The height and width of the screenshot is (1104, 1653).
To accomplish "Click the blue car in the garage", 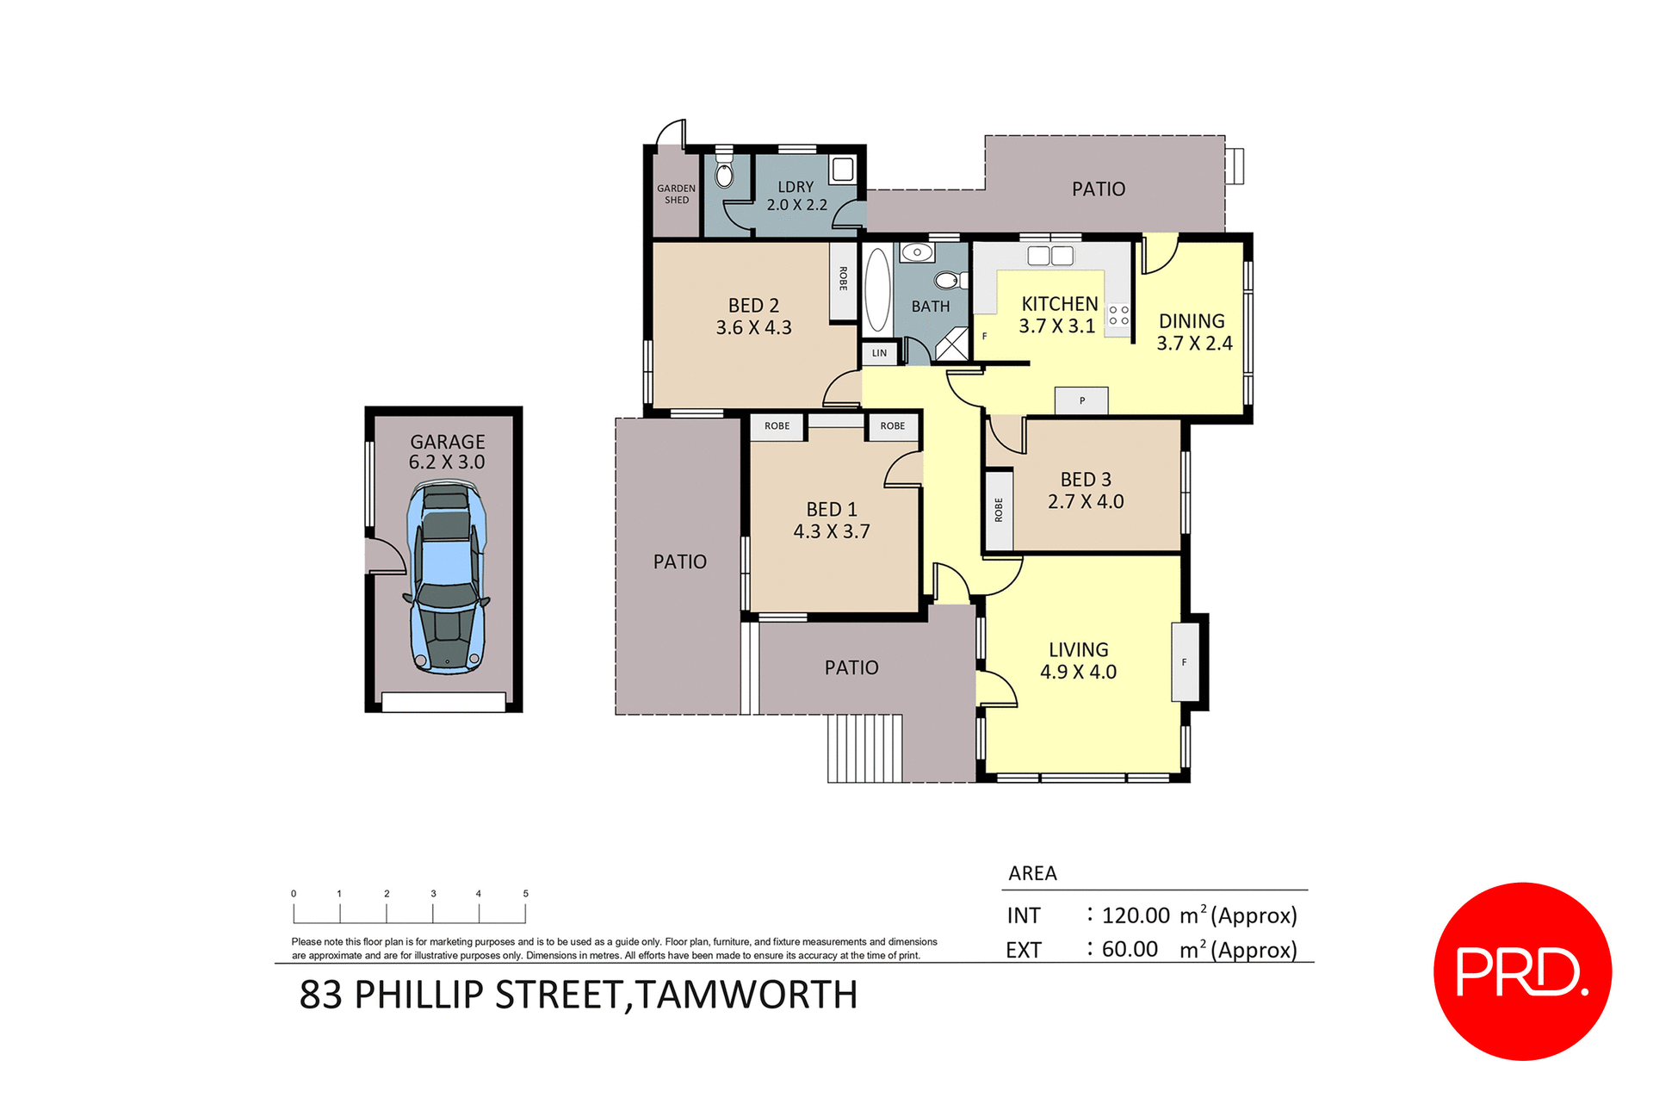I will point(446,577).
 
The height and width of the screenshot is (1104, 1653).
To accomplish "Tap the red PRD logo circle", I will point(1522,971).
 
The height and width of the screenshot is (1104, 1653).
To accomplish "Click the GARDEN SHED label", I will point(676,194).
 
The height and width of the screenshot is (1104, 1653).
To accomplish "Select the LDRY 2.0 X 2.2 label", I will point(796,196).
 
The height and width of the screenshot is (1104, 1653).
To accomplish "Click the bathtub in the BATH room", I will point(876,290).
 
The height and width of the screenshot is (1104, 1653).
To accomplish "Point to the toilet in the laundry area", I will point(724,173).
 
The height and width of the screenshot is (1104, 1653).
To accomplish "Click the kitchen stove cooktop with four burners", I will point(1118,314).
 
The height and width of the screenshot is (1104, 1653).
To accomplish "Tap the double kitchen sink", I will point(1050,255).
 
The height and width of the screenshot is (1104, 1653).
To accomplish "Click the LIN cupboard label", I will point(879,353).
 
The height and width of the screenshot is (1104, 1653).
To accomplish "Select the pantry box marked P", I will point(1081,400).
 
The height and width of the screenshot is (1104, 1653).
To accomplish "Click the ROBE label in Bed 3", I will point(999,510).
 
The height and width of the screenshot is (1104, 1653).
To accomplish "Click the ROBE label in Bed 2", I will point(843,279).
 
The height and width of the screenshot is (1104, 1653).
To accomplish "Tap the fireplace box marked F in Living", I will point(1185,661).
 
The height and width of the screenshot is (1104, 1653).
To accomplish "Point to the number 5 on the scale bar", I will point(525,894).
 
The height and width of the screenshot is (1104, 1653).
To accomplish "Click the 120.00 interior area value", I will point(1136,915).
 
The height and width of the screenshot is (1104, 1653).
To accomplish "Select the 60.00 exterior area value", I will point(1129,949).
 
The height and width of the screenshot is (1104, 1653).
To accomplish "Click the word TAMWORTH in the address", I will point(746,995).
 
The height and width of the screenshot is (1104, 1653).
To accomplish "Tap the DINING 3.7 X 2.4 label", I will point(1192,332).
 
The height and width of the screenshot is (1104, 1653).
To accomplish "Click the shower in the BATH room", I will point(951,344).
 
